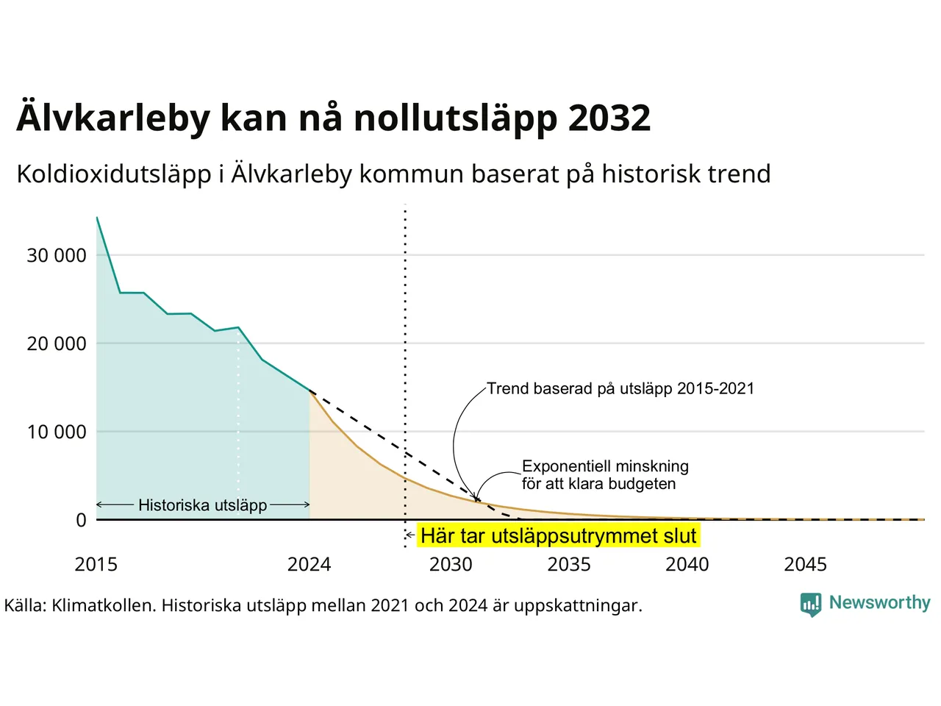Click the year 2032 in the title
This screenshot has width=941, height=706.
click(x=609, y=118)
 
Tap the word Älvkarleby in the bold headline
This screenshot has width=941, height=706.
click(x=113, y=118)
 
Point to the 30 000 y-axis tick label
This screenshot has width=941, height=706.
click(x=57, y=255)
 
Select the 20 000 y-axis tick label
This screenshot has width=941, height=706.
click(x=57, y=343)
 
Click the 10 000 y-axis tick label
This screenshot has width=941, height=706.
click(x=57, y=432)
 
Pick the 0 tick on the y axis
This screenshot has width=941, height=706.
click(x=81, y=520)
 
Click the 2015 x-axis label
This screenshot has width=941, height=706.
click(x=96, y=565)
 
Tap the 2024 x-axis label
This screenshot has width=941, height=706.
click(x=309, y=565)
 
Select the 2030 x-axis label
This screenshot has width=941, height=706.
click(x=451, y=565)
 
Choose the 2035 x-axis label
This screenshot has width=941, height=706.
click(x=569, y=565)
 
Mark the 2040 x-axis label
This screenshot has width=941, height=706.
click(x=687, y=565)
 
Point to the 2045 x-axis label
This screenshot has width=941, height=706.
click(x=806, y=565)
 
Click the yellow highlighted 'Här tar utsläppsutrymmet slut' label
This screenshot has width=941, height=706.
click(x=559, y=536)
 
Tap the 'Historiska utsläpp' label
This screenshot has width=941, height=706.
click(x=203, y=505)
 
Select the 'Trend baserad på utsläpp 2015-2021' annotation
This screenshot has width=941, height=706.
click(x=620, y=388)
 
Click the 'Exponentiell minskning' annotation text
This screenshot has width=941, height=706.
click(x=605, y=466)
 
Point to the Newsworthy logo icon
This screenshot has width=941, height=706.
click(x=811, y=605)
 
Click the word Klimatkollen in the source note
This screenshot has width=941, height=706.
click(x=104, y=606)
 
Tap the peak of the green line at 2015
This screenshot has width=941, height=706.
click(x=97, y=218)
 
